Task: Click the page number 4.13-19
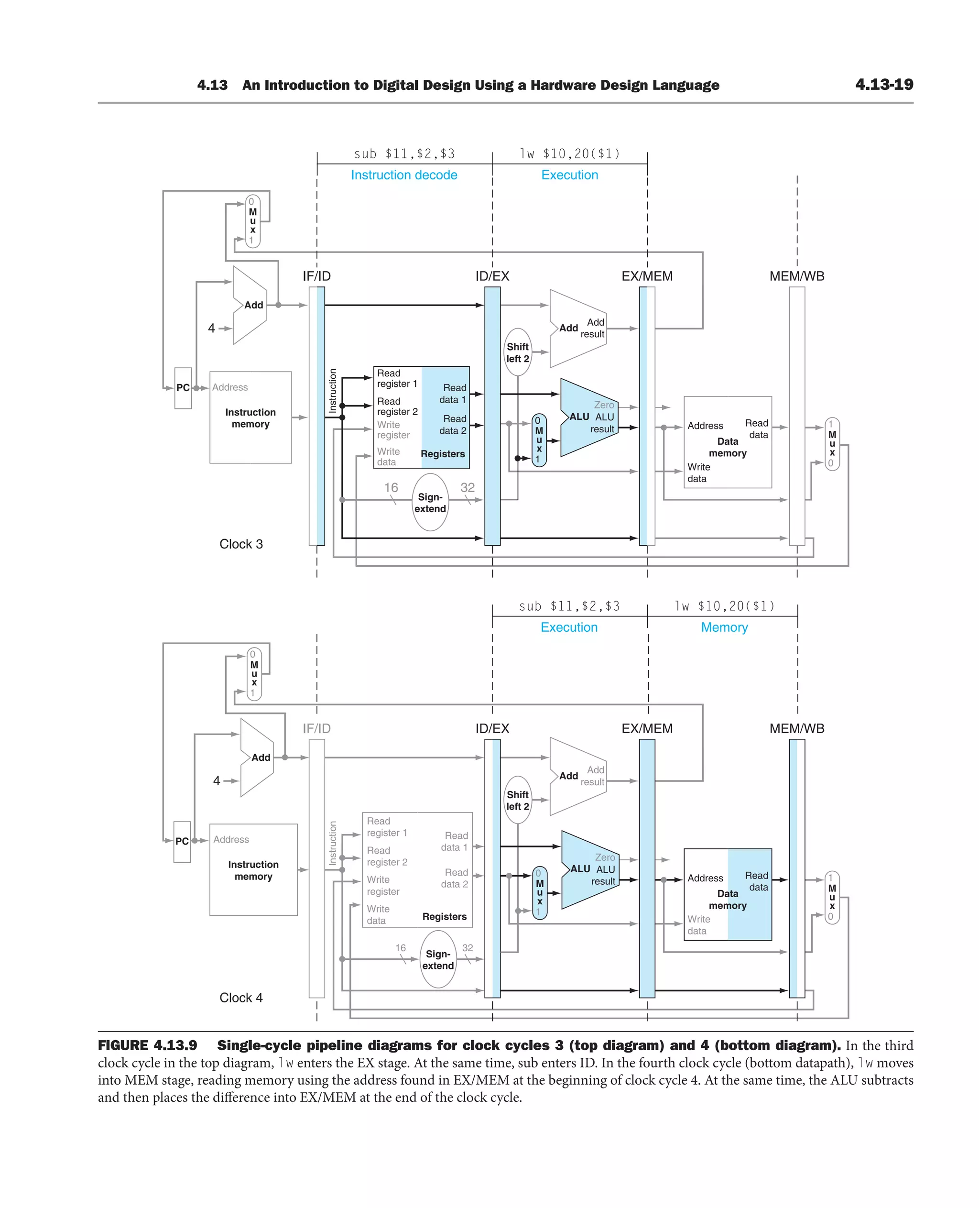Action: pos(884,85)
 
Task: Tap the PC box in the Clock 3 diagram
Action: pos(183,388)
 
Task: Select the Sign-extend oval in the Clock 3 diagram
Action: pos(430,502)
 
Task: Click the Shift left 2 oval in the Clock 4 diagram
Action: pos(517,800)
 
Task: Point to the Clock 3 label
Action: pos(241,544)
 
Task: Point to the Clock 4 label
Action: pos(241,998)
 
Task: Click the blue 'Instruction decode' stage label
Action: pos(404,175)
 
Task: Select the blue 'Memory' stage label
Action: pos(724,627)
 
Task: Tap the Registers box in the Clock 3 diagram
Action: pos(421,417)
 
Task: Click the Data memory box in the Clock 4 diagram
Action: pos(728,894)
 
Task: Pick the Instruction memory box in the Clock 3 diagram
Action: pos(250,417)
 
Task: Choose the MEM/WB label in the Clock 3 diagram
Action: pos(796,276)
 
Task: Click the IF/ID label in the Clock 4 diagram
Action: pos(316,728)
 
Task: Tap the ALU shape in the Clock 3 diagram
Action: pos(588,417)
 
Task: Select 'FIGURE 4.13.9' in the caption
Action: pos(148,1045)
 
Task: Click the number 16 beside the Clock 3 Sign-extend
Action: pos(391,487)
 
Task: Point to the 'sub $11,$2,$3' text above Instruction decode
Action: pos(404,154)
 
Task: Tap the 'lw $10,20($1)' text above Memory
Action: pos(724,606)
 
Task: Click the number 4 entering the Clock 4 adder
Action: pos(217,780)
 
